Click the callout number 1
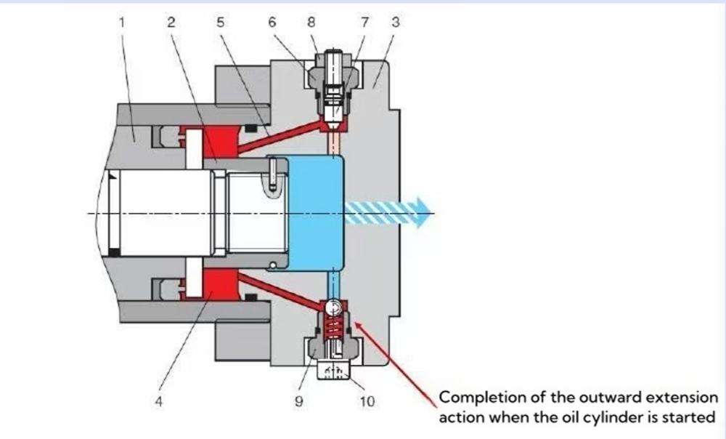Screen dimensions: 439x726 point(122,22)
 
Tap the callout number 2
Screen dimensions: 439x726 point(171,22)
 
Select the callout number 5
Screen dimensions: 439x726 point(220,22)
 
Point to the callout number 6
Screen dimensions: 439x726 point(272,22)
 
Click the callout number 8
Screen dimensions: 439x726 point(311,22)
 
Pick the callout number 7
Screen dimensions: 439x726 point(365,22)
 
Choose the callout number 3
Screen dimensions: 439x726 point(395,22)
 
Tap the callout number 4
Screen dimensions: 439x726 point(159,401)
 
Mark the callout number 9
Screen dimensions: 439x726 point(299,401)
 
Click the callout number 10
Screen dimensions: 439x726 point(368,401)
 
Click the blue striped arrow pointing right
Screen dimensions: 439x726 point(385,212)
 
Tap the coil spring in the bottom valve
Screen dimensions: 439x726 point(333,325)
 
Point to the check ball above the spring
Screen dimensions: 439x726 point(333,306)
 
